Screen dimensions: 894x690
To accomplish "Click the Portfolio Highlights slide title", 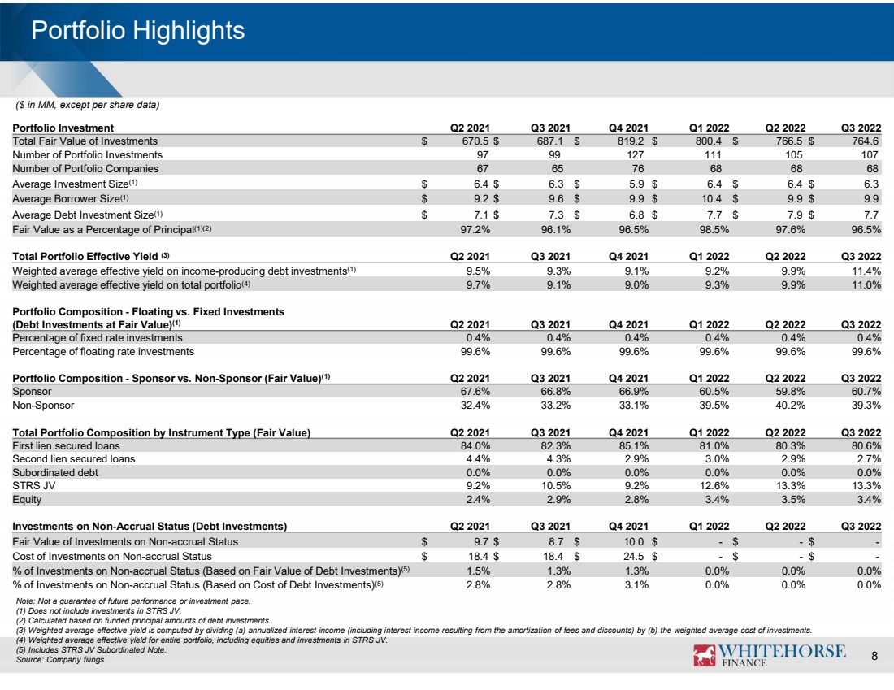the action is pyautogui.click(x=138, y=31).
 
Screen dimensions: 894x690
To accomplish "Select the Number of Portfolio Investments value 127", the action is pyautogui.click(x=635, y=154).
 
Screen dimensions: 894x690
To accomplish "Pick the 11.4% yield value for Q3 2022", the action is pyautogui.click(x=866, y=271).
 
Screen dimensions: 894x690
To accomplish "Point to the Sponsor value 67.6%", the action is pyautogui.click(x=475, y=391).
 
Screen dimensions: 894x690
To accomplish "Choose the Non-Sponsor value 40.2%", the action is pyautogui.click(x=791, y=405).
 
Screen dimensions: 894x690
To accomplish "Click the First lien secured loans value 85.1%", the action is pyautogui.click(x=633, y=445).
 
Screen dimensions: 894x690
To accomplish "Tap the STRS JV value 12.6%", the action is pyautogui.click(x=714, y=485).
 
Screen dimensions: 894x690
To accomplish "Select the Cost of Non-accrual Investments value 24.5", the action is pyautogui.click(x=633, y=556).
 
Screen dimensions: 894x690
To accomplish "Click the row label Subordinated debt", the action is pyautogui.click(x=55, y=472).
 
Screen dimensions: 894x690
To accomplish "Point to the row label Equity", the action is pyautogui.click(x=27, y=500).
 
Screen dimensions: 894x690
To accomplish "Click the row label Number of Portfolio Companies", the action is pyautogui.click(x=85, y=168).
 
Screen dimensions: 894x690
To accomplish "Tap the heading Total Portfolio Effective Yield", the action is pyautogui.click(x=85, y=256).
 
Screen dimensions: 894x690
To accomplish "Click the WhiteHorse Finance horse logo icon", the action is pyautogui.click(x=704, y=655).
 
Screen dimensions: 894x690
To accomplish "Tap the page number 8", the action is pyautogui.click(x=874, y=656).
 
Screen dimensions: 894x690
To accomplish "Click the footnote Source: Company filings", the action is pyautogui.click(x=60, y=660).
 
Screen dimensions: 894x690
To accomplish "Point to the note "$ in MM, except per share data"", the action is pyautogui.click(x=88, y=105).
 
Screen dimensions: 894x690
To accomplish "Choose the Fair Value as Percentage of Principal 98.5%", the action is pyautogui.click(x=714, y=229).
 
